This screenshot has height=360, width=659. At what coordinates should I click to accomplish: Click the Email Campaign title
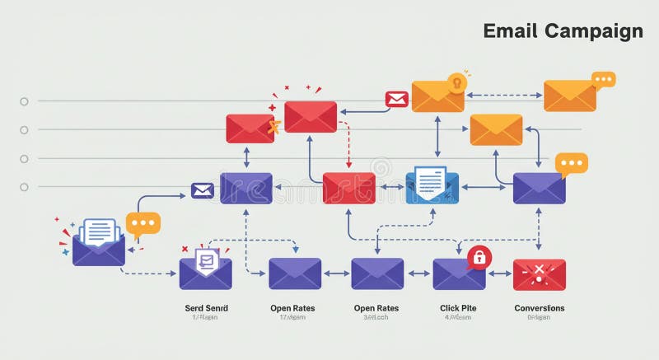coord(563,31)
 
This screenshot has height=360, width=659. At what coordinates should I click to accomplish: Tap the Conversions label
coord(539,308)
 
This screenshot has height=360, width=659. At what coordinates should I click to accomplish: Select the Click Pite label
coord(458,308)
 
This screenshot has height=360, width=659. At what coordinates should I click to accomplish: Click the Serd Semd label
coord(206,308)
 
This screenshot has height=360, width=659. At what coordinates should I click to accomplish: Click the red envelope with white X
coord(539,274)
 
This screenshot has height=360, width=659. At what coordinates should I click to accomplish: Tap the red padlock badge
coord(477,257)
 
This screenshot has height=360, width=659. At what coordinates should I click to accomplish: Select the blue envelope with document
coord(432,185)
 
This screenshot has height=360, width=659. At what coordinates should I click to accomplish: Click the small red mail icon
coord(397,100)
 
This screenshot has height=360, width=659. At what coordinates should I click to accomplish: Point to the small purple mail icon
coord(203,191)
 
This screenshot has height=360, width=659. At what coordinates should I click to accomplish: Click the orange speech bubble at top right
coord(604,79)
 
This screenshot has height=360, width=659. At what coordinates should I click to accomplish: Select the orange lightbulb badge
coord(456,82)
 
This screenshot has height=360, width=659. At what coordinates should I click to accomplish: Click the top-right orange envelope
coord(569,96)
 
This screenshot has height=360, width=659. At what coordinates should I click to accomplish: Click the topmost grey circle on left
coord(24,101)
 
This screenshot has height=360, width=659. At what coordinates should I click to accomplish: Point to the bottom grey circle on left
coord(24,188)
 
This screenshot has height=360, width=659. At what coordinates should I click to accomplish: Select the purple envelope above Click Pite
coord(458,274)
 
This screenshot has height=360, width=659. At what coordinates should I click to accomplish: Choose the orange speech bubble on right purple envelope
coord(571,163)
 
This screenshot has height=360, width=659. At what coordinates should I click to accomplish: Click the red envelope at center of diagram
coord(348,188)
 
